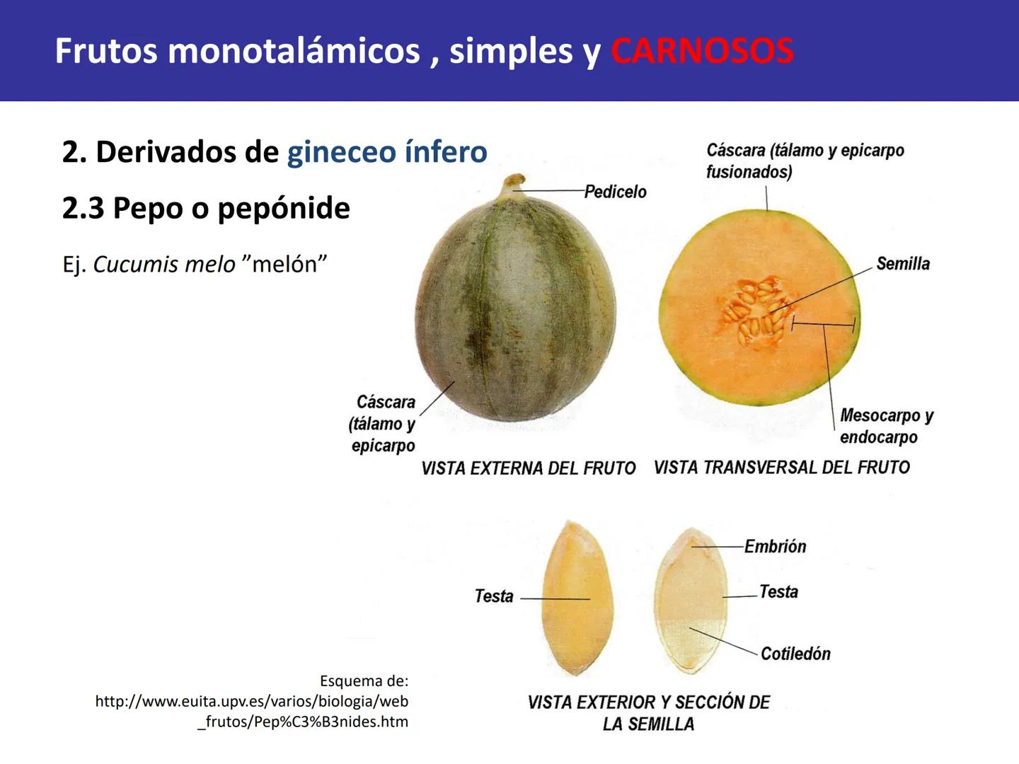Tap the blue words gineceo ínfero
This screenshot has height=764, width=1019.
point(386,151)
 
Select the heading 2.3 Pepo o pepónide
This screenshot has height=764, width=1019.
point(206,208)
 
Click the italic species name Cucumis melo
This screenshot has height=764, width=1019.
point(164,264)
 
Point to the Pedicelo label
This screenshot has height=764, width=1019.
point(615,192)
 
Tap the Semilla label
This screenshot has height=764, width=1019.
point(902,264)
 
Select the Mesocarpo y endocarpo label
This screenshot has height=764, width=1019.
point(885,426)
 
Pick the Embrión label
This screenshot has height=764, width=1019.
point(775,546)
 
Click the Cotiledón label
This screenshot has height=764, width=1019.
point(795,654)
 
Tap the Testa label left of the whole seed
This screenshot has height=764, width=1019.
point(493,596)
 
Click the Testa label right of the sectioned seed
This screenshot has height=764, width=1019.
point(778,591)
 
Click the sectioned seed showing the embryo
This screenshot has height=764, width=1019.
point(690,601)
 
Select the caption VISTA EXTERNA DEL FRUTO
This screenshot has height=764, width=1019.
point(528,468)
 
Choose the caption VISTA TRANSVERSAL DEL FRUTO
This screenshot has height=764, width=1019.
point(781,468)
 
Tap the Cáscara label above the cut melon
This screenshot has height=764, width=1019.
point(805,161)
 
